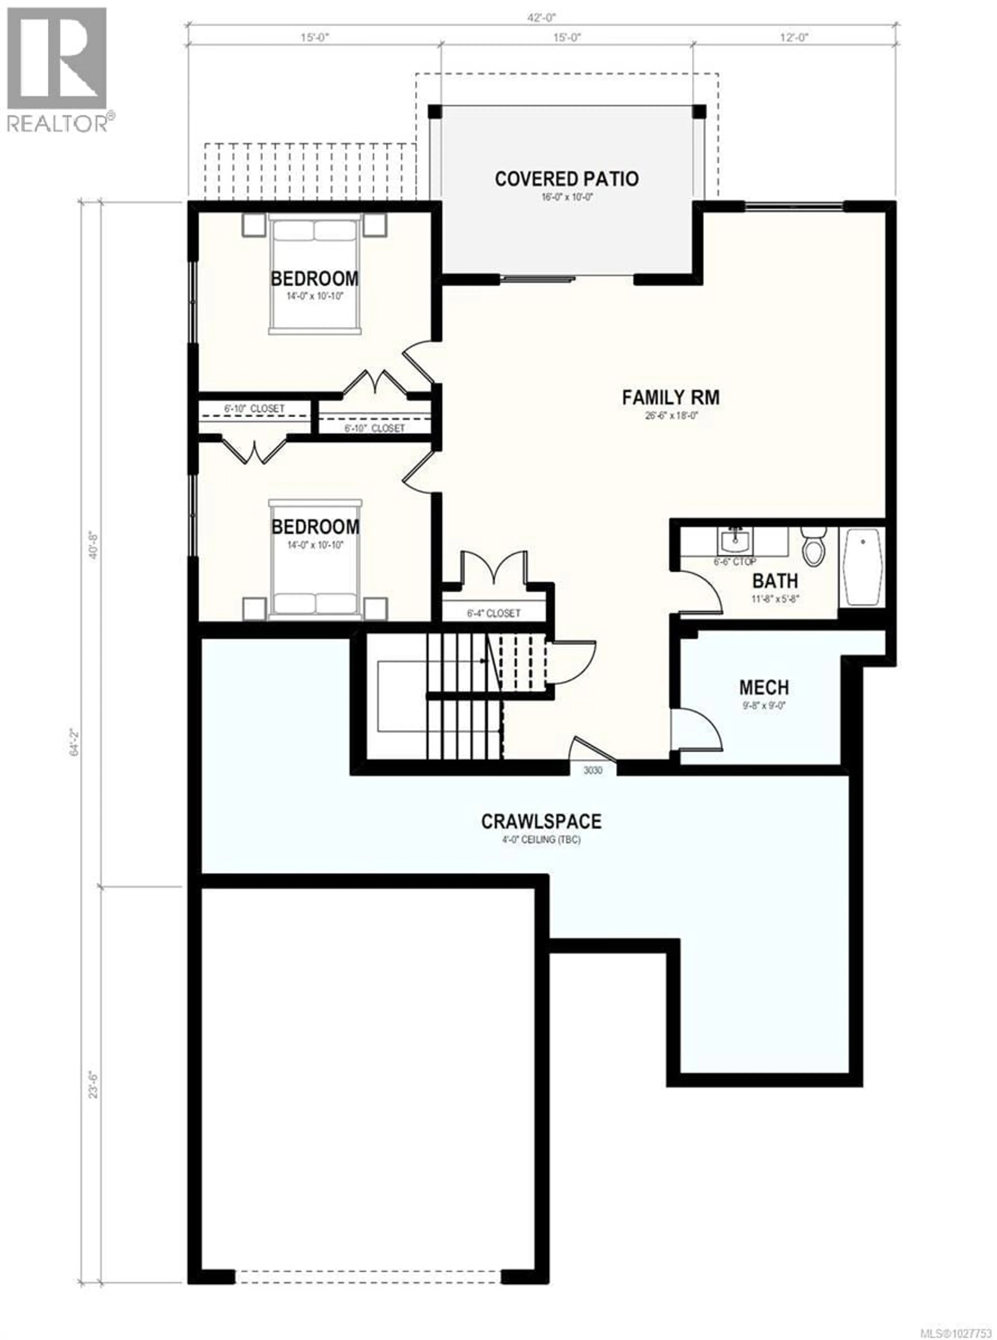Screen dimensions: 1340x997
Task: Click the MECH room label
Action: point(763,687)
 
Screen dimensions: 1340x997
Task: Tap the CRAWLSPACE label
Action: point(541,821)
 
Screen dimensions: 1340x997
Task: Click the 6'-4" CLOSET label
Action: point(493,613)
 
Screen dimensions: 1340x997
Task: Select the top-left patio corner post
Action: point(435,112)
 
